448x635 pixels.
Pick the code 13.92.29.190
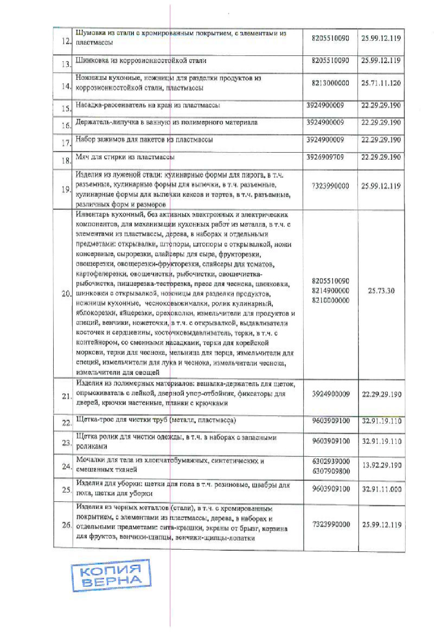[x=381, y=466]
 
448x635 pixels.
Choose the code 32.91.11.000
[x=381, y=489]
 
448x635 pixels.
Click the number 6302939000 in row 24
[x=331, y=461]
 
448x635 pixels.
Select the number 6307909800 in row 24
[x=331, y=470]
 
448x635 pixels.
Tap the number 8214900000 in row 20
[x=331, y=291]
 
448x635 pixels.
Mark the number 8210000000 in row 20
[x=331, y=300]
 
